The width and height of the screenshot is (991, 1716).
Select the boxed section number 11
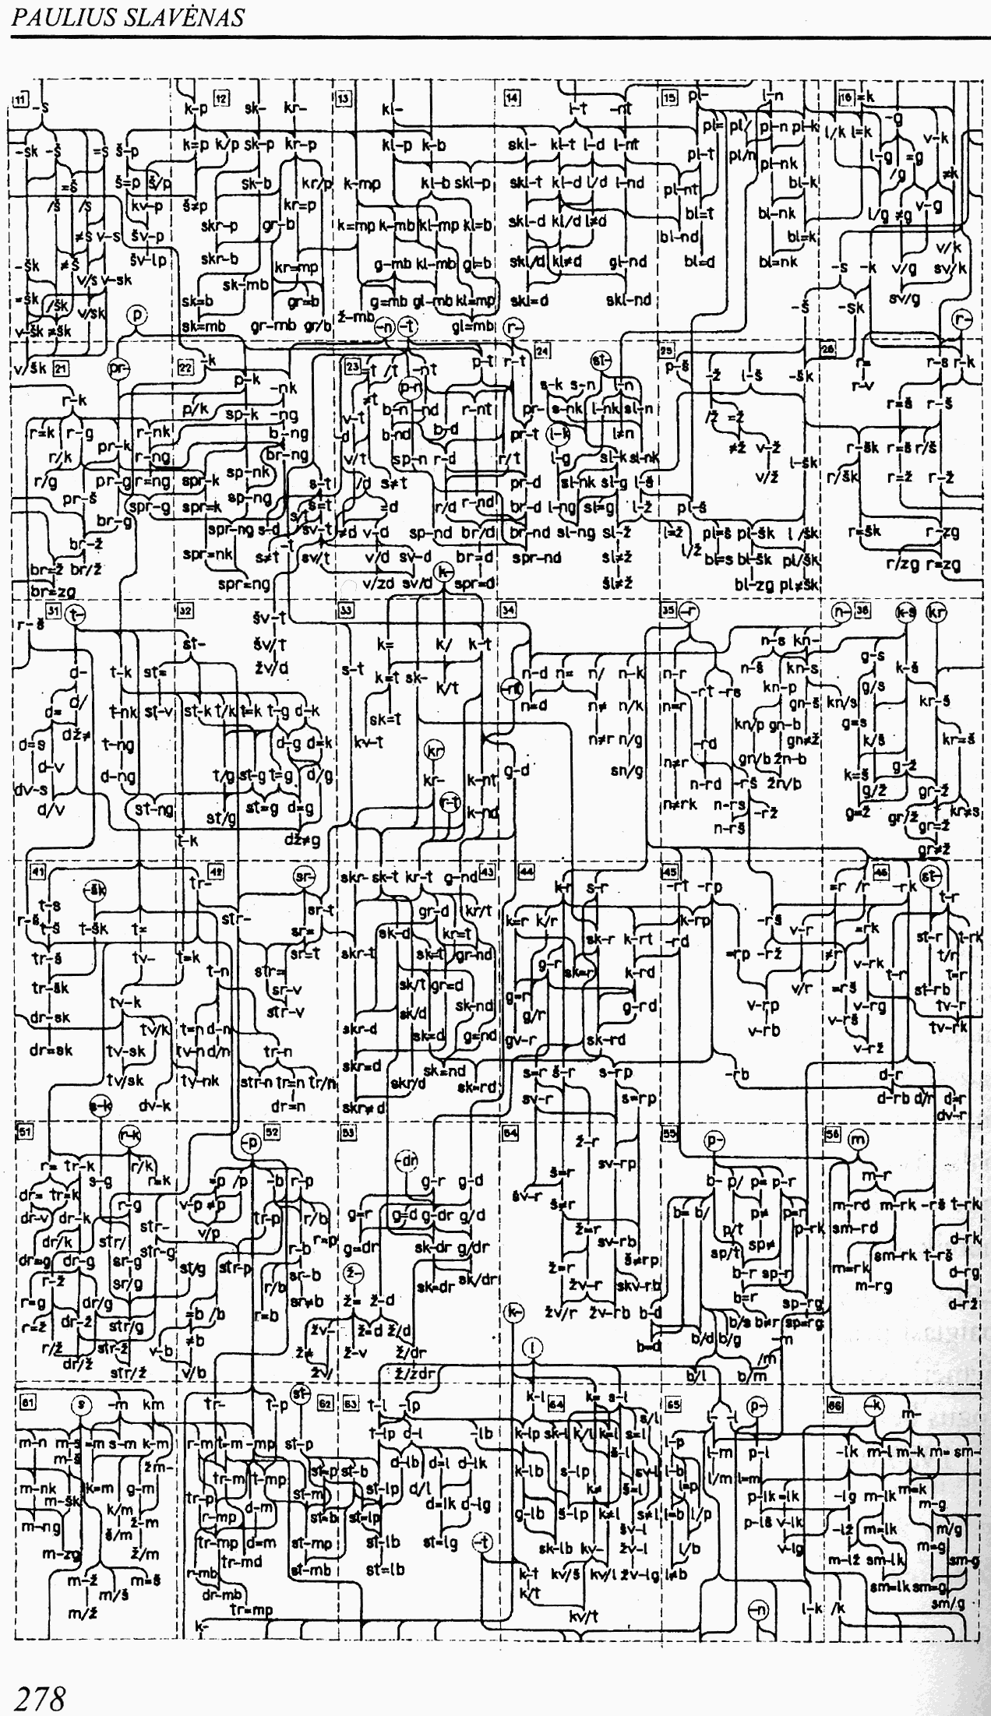[x=21, y=99]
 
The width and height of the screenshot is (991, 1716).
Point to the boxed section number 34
[x=508, y=610]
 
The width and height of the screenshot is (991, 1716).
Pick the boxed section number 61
[x=27, y=1401]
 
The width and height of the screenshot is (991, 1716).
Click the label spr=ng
[x=245, y=583]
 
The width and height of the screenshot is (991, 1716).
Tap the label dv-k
[x=156, y=1105]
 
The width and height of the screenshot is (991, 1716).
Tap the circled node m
[x=857, y=1140]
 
